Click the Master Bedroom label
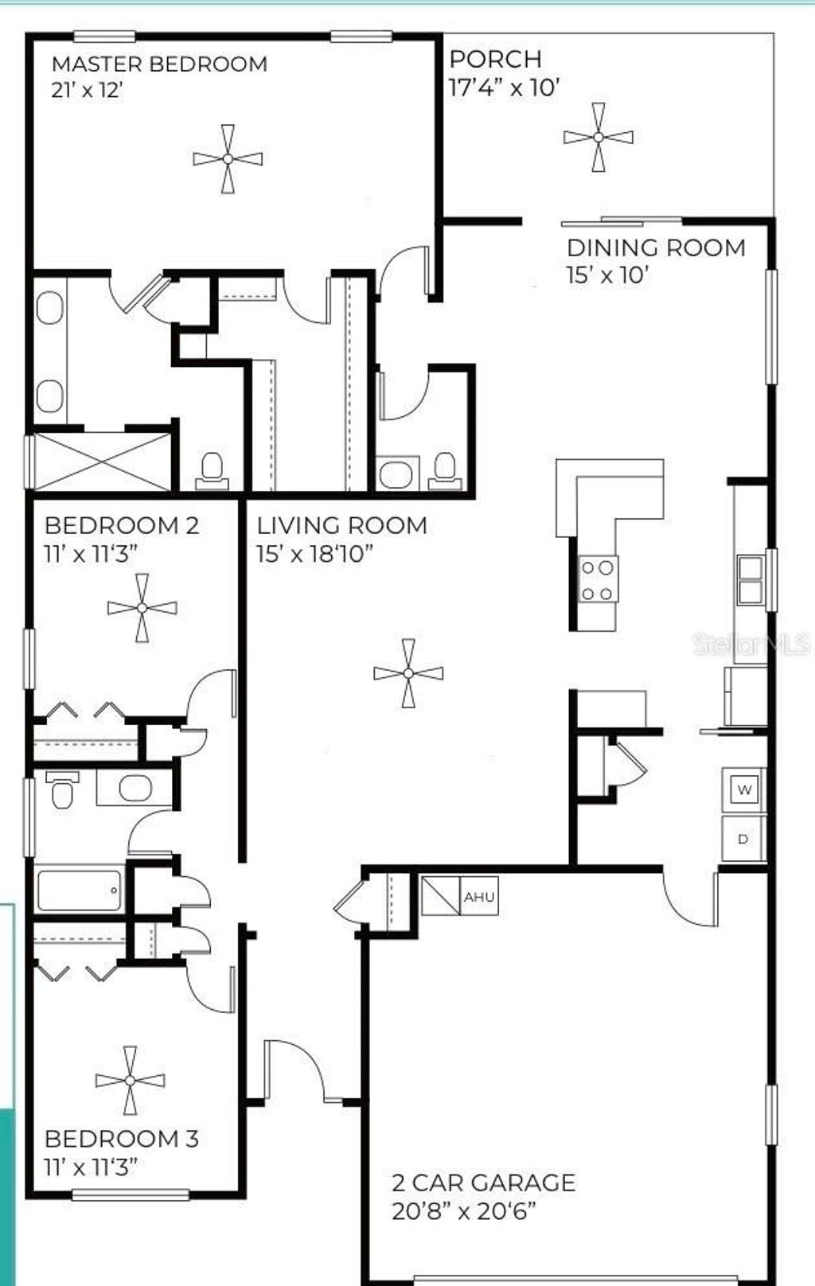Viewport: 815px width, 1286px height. click(x=159, y=64)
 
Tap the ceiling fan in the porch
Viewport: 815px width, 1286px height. click(x=599, y=137)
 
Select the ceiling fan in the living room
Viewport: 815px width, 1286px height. click(x=408, y=673)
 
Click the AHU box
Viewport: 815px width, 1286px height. click(x=479, y=897)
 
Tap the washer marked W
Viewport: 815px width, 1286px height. click(x=744, y=789)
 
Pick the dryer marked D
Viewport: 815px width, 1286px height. click(x=743, y=839)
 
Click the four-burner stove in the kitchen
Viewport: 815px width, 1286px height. click(x=598, y=579)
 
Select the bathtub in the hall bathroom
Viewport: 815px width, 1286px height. click(x=79, y=890)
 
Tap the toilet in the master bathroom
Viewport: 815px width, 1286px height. click(x=212, y=470)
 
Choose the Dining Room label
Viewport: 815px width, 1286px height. click(x=656, y=247)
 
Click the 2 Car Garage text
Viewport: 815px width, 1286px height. click(x=483, y=1183)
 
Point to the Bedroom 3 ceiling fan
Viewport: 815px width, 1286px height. click(x=130, y=1080)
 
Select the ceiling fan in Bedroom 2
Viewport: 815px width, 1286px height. click(x=142, y=608)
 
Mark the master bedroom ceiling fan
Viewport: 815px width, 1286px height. click(x=228, y=159)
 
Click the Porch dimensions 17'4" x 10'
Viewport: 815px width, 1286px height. click(x=505, y=87)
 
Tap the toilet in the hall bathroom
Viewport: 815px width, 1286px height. click(x=62, y=790)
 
